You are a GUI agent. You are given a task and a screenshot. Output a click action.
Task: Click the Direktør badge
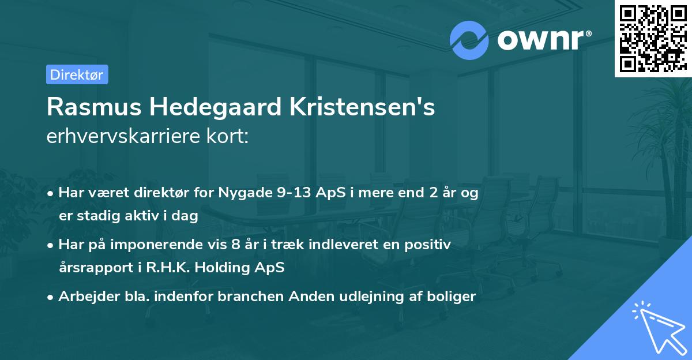pos(77,74)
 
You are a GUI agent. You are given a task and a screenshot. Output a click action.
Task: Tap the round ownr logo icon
pos(469,40)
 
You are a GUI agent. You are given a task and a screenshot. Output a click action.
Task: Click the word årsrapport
pos(93,268)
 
